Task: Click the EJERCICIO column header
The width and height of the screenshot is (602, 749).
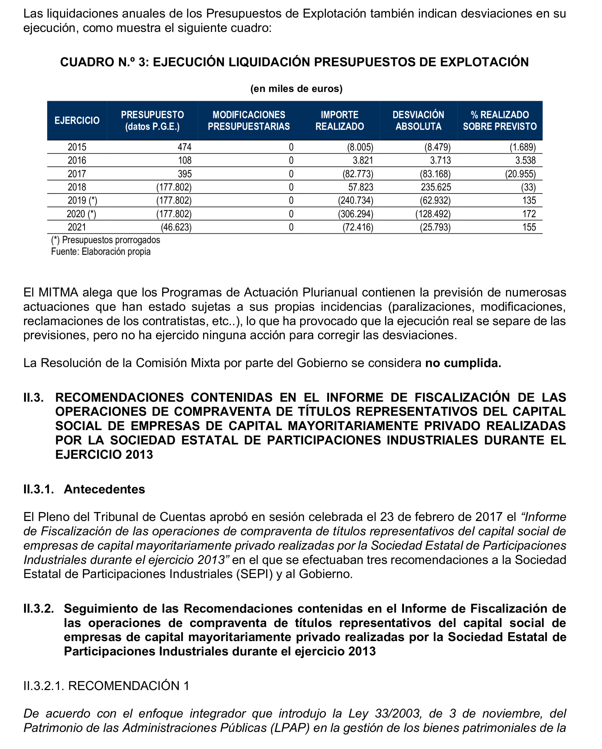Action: pyautogui.click(x=77, y=121)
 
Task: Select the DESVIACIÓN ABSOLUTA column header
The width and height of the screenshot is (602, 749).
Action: pyautogui.click(x=418, y=121)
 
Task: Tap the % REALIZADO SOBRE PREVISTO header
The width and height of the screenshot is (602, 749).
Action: pyautogui.click(x=499, y=121)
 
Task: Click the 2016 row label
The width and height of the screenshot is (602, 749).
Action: pyautogui.click(x=77, y=161)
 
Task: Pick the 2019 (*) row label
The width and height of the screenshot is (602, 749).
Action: pyautogui.click(x=82, y=200)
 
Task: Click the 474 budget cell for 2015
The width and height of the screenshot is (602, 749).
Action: pyautogui.click(x=184, y=147)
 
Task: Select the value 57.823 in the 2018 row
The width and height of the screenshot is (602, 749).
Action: pyautogui.click(x=360, y=187)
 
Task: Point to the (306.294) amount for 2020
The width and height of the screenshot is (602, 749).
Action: pyautogui.click(x=355, y=214)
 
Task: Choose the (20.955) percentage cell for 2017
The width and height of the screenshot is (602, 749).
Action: pyautogui.click(x=520, y=174)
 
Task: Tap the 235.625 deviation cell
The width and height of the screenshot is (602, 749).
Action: pyautogui.click(x=436, y=187)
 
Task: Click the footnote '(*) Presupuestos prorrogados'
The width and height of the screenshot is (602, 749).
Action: pyautogui.click(x=106, y=240)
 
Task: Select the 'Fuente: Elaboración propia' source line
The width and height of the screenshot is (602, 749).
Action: pyautogui.click(x=101, y=251)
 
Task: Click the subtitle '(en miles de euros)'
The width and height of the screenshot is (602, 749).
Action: pyautogui.click(x=296, y=89)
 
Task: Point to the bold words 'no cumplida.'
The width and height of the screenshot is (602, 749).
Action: pyautogui.click(x=463, y=363)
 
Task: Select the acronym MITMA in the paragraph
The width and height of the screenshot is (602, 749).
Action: pyautogui.click(x=58, y=293)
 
